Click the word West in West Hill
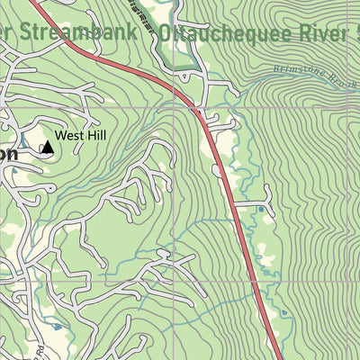click(69, 137)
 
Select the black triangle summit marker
click(45, 146)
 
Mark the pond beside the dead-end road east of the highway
click(261, 210)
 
